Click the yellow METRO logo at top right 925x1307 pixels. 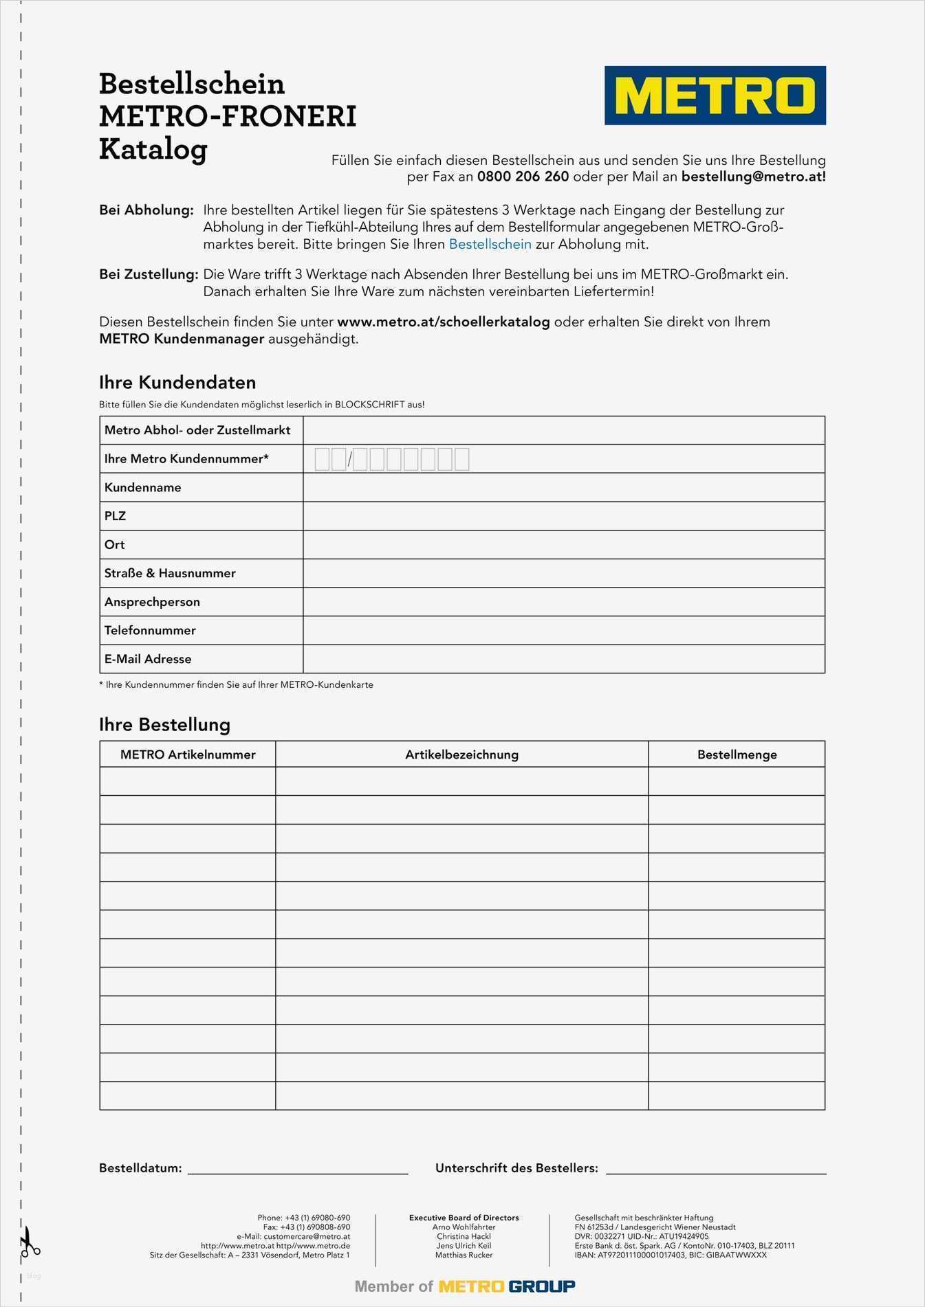click(x=715, y=96)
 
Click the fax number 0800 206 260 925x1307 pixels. click(x=523, y=177)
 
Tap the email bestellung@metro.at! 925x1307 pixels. click(x=753, y=177)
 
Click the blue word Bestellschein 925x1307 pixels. click(x=490, y=244)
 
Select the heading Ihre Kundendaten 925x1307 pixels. click(x=177, y=383)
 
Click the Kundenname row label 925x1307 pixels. click(x=143, y=487)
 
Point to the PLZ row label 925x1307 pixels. click(x=115, y=516)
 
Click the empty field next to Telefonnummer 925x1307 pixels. click(x=563, y=630)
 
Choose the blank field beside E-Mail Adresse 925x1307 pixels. click(x=563, y=659)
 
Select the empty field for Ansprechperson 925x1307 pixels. click(x=563, y=602)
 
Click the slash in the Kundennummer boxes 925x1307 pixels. click(x=349, y=459)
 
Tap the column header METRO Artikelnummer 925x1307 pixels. click(x=188, y=755)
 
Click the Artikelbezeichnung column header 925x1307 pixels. click(x=461, y=755)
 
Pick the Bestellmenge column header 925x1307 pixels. click(x=737, y=755)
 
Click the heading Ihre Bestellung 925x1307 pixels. click(x=164, y=724)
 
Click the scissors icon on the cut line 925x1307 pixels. click(x=28, y=1242)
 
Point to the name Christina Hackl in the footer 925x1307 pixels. click(x=464, y=1236)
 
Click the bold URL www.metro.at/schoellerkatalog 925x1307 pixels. click(x=443, y=322)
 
